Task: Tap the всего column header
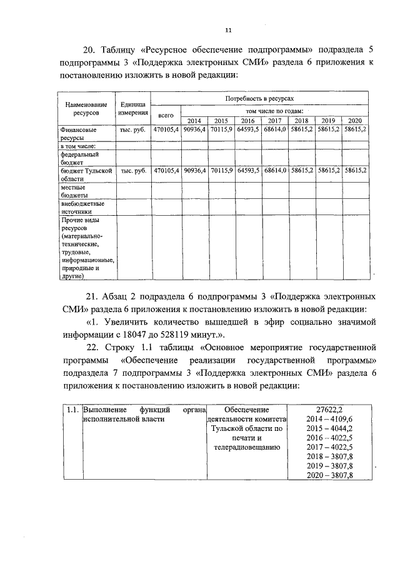point(166,115)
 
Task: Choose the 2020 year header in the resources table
point(355,121)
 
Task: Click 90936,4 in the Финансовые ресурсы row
point(194,129)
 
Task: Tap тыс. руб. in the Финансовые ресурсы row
point(133,129)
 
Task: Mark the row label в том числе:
point(77,145)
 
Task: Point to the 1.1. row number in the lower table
point(72,410)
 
